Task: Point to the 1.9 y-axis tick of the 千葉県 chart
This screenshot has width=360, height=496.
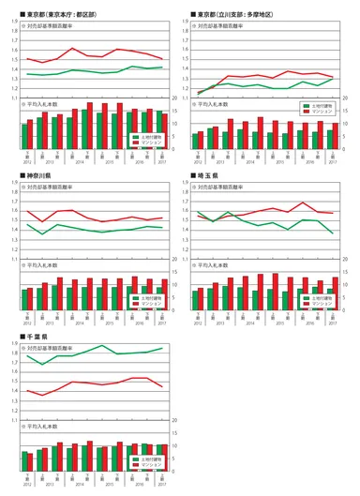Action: coord(15,342)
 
